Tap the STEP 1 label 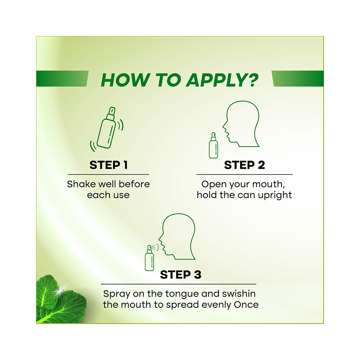[108, 165]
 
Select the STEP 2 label [244, 165]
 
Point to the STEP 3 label [180, 275]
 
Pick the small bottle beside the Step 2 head [213, 145]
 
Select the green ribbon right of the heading [297, 78]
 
